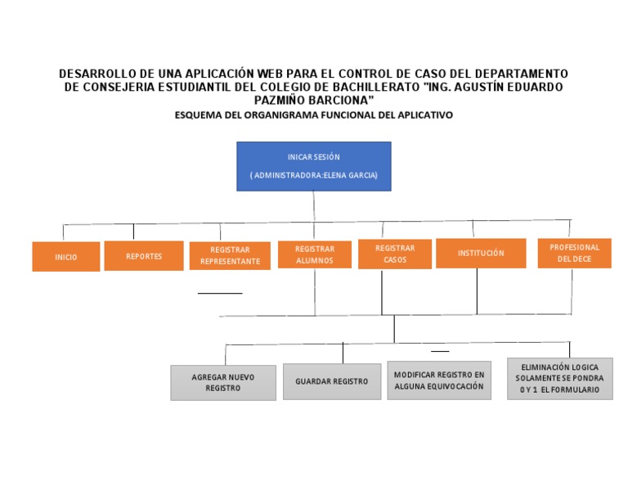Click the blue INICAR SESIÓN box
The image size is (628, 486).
313,166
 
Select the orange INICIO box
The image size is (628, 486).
66,257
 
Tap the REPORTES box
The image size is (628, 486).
144,256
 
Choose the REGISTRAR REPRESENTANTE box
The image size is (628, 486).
230,255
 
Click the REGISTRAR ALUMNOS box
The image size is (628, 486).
315,254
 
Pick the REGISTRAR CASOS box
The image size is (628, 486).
395,254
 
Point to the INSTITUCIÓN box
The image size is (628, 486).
480,253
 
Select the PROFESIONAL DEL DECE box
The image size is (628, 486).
574,253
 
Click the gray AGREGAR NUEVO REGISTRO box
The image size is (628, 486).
223,383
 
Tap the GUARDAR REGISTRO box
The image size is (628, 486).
332,381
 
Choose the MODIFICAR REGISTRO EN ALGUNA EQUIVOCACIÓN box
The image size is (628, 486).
439,380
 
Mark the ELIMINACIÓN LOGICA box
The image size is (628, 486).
559,378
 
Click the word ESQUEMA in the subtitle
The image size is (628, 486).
197,115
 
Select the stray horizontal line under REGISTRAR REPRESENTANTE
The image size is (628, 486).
220,292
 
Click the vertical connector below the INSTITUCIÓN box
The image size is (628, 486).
478,290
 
